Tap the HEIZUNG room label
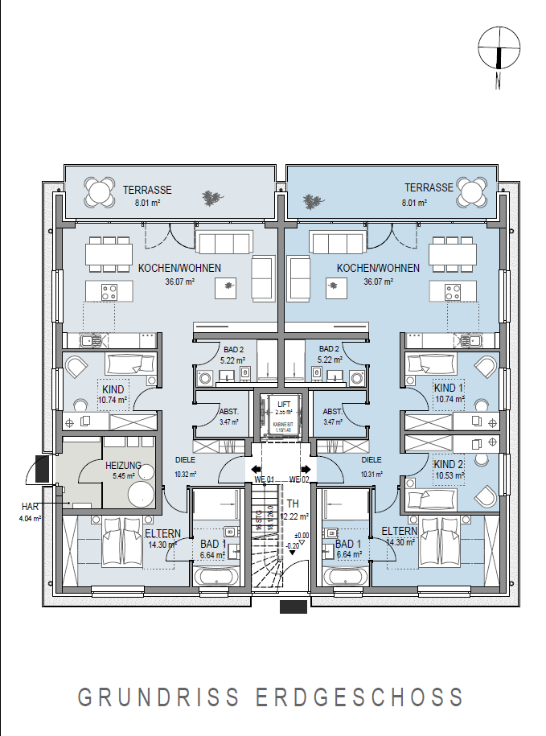pos(123,466)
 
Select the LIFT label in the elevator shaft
pos(283,404)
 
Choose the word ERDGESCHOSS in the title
pos(359,697)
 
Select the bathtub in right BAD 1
pos(346,577)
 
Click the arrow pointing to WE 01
pos(256,470)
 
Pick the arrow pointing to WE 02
pos(306,470)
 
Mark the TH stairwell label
pos(293,504)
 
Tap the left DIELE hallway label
pos(186,461)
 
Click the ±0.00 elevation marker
pos(302,535)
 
